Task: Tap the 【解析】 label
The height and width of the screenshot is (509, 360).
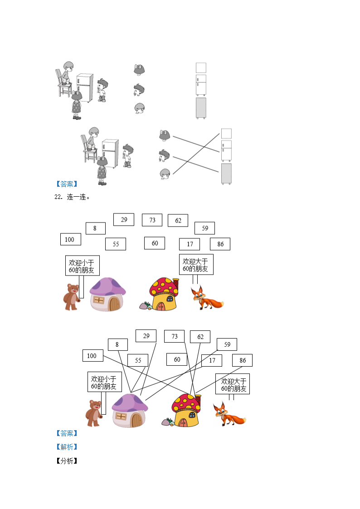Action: (x=66, y=447)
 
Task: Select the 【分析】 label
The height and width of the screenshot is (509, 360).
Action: (x=66, y=461)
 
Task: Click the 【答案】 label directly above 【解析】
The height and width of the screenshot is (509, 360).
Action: (x=66, y=433)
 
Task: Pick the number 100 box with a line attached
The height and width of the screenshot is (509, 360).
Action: (x=92, y=356)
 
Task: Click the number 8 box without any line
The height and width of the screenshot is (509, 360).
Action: (x=95, y=228)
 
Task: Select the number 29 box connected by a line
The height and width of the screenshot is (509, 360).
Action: (x=146, y=336)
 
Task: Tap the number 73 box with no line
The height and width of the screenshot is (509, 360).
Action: (x=152, y=220)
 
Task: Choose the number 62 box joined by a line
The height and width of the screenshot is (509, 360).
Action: (x=200, y=337)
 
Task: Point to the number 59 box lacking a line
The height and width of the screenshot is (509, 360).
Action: (x=205, y=228)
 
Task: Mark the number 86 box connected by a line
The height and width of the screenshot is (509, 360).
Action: (x=243, y=360)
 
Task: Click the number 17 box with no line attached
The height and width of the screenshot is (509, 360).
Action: (x=190, y=244)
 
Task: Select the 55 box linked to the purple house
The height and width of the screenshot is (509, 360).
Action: (x=138, y=360)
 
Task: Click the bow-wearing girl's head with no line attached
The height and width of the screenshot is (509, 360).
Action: (x=139, y=69)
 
